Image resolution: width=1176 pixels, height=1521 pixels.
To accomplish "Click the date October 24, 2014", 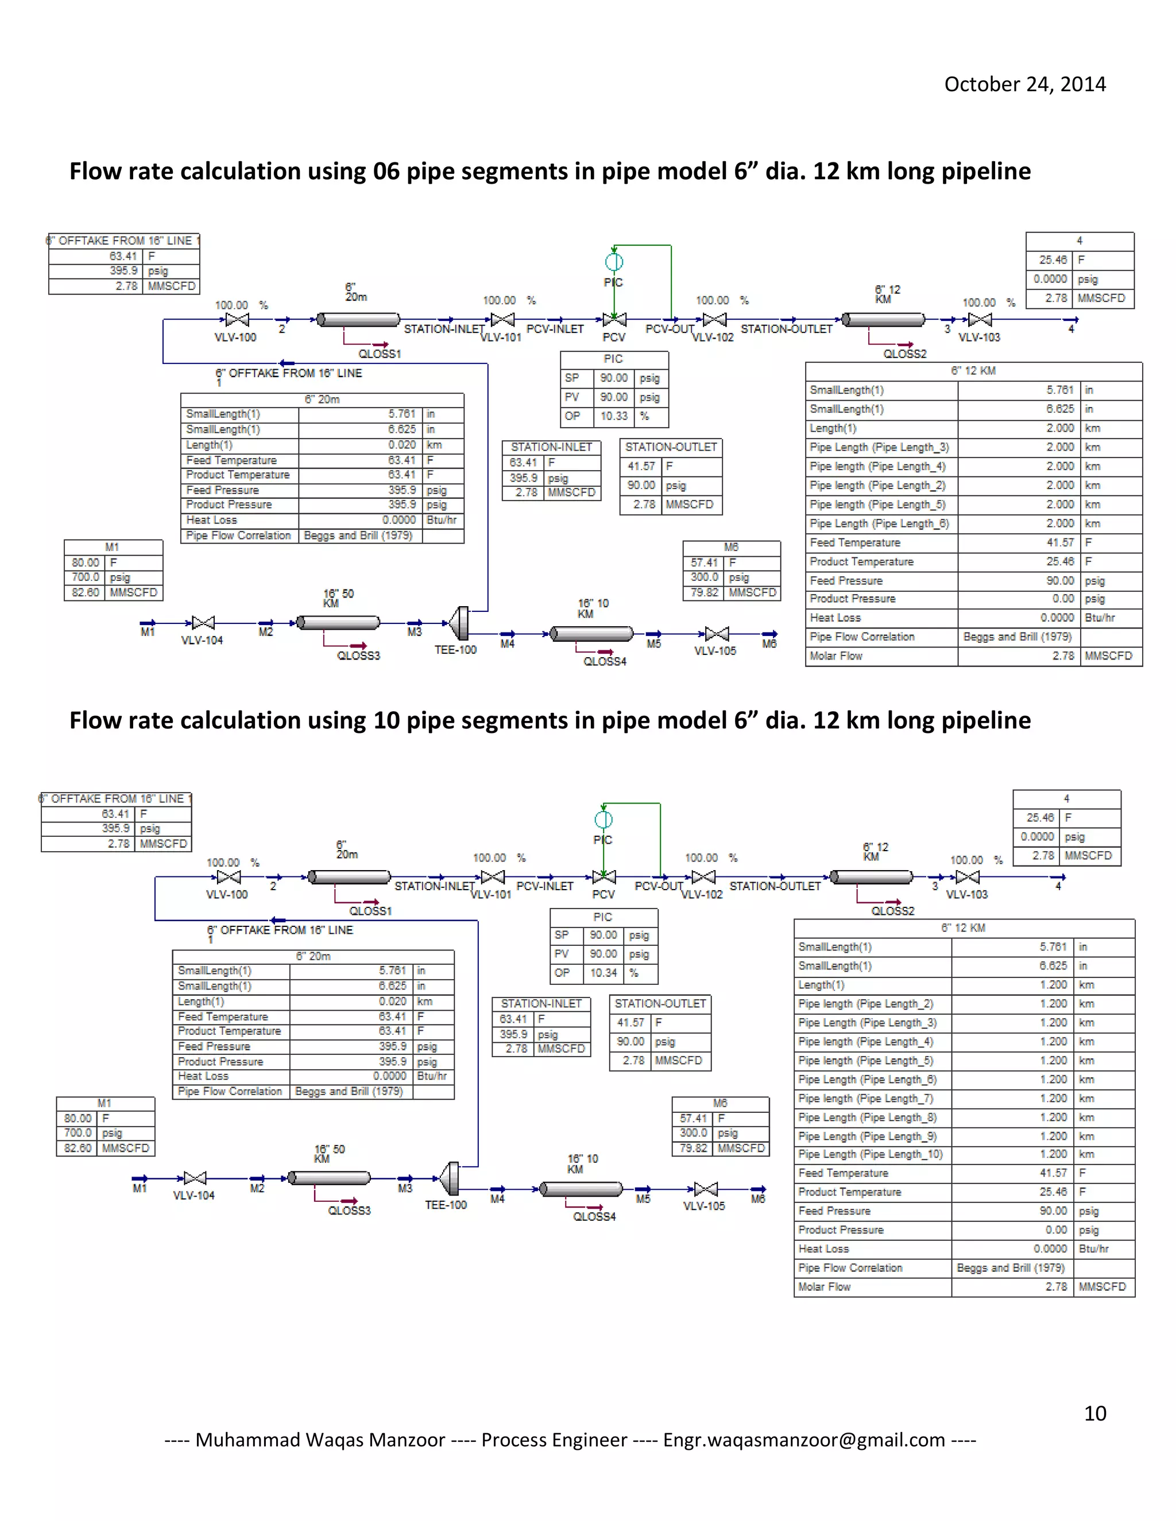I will [x=1024, y=84].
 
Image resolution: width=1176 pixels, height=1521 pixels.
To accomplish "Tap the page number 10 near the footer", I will [x=1094, y=1413].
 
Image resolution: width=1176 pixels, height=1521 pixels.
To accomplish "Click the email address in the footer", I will [x=803, y=1439].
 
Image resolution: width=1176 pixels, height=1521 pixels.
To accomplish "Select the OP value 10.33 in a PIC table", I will [x=614, y=417].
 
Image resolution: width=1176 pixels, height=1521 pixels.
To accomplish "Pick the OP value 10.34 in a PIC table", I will [x=604, y=973].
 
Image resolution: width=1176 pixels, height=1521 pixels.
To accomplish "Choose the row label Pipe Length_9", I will [x=868, y=1136].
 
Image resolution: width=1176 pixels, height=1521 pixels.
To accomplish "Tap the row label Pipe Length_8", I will [x=868, y=1117].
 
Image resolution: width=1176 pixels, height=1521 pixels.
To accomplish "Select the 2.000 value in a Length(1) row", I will [x=1059, y=428].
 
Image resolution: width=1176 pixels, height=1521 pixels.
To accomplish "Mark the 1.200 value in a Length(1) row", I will [x=1053, y=985].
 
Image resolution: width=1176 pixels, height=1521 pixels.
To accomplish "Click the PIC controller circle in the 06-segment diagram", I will [x=614, y=262].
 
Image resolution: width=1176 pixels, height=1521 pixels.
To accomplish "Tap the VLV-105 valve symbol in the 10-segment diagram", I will [x=706, y=1189].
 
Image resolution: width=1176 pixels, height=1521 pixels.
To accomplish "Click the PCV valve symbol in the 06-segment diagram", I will [x=614, y=320].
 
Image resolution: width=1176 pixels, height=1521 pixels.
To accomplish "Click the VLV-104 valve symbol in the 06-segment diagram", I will [x=203, y=623].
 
